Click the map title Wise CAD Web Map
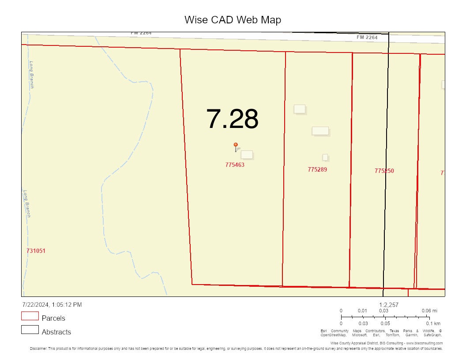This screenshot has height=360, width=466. tap(233, 20)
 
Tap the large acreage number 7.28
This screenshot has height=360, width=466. tap(232, 119)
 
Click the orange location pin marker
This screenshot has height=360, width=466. tap(236, 145)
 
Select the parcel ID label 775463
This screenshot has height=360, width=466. tap(235, 165)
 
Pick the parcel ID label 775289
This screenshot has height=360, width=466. tap(317, 169)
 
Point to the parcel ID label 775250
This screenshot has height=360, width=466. tap(384, 171)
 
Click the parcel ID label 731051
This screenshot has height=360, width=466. tap(36, 251)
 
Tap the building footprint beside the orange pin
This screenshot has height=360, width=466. tap(247, 154)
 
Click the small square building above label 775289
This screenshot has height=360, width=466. tap(325, 157)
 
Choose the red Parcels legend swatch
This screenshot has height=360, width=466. tap(30, 316)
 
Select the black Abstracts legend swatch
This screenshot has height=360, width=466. tap(30, 330)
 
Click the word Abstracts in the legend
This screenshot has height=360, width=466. tap(56, 332)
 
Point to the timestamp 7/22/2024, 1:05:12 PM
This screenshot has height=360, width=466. tap(52, 304)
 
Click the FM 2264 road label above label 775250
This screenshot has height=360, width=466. tap(367, 37)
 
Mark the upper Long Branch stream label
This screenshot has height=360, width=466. tap(31, 74)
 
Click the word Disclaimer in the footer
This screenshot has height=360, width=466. tap(38, 349)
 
